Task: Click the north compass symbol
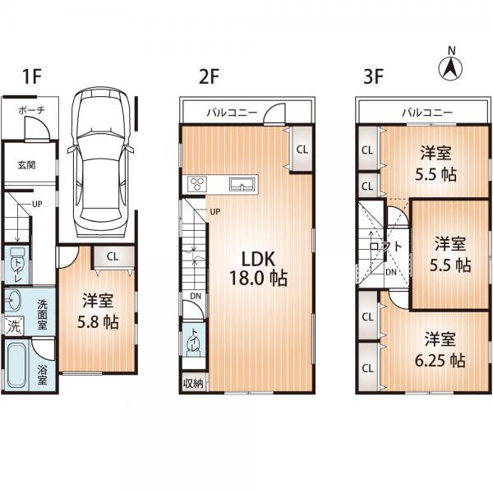click(450, 66)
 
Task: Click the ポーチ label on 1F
click(24, 111)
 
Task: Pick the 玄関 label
click(25, 164)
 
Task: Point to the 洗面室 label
click(41, 314)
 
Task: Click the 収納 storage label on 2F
click(192, 383)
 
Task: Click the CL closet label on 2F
click(302, 150)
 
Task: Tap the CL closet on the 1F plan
click(112, 256)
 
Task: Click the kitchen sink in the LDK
click(242, 182)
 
